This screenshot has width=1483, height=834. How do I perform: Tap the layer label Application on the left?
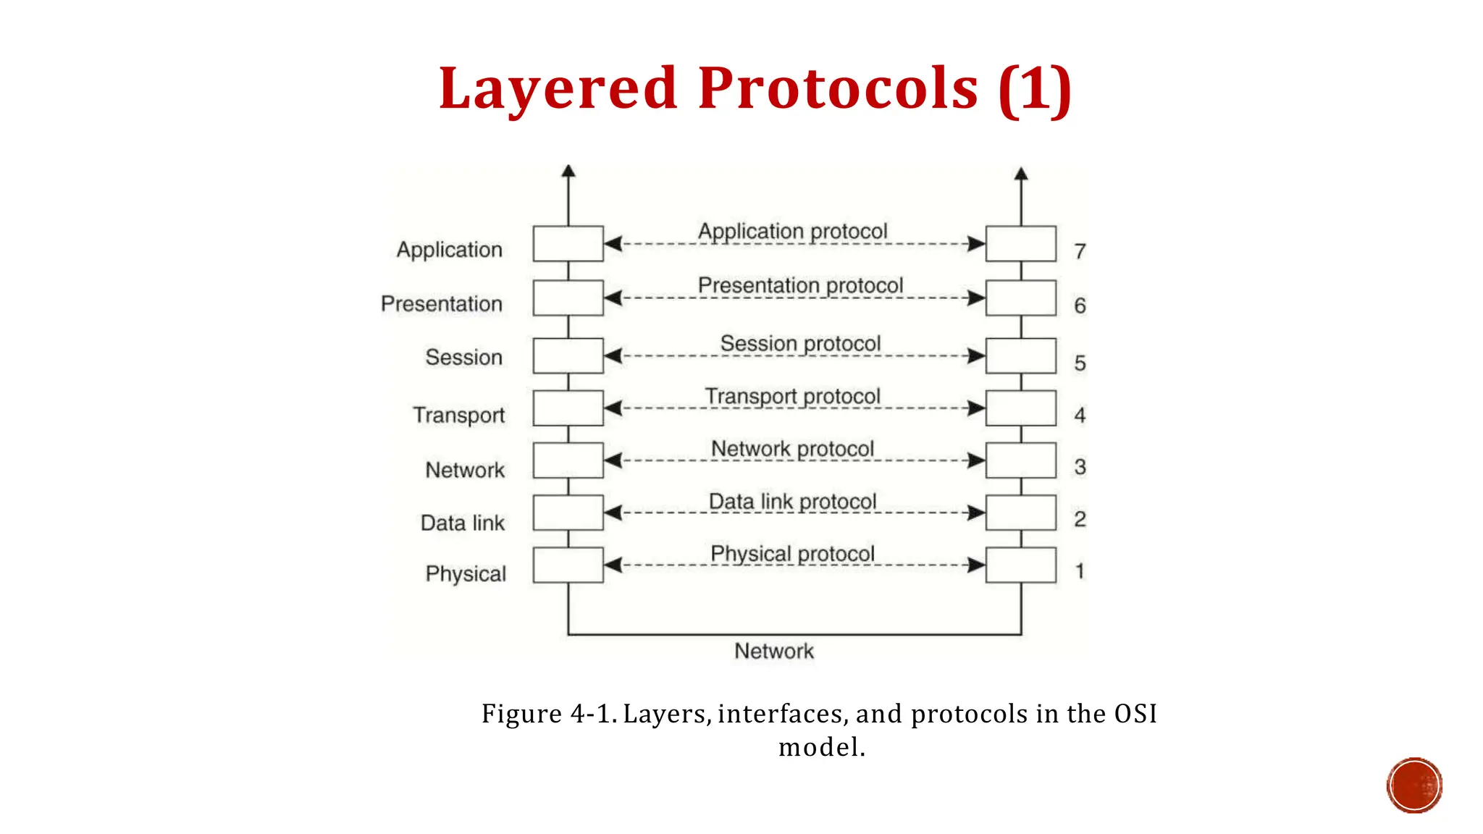point(449,250)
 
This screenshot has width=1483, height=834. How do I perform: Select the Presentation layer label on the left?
point(441,304)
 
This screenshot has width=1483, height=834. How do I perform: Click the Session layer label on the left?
point(463,358)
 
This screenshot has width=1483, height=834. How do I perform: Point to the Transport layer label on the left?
point(458,416)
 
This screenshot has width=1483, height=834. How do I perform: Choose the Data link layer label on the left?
point(462,523)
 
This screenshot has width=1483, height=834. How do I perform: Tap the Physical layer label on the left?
point(466,574)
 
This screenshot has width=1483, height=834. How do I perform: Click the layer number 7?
point(1080,251)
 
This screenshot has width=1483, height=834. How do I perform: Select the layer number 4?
point(1080,416)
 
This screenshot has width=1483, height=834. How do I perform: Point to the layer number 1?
point(1080,572)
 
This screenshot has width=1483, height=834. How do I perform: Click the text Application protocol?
point(792,232)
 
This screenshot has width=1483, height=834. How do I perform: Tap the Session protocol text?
point(800,344)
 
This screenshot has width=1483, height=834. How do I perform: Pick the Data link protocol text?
point(792,502)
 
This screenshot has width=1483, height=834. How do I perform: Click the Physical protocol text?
point(792,554)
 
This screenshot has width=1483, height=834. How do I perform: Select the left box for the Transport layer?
point(568,408)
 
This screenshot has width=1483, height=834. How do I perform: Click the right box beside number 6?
point(1020,298)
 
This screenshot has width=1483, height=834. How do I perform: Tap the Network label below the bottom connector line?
point(773,652)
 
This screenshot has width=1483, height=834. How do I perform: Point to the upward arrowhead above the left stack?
point(568,171)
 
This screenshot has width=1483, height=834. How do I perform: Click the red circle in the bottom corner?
point(1414,785)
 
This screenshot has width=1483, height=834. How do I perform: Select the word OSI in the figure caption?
point(1135,714)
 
